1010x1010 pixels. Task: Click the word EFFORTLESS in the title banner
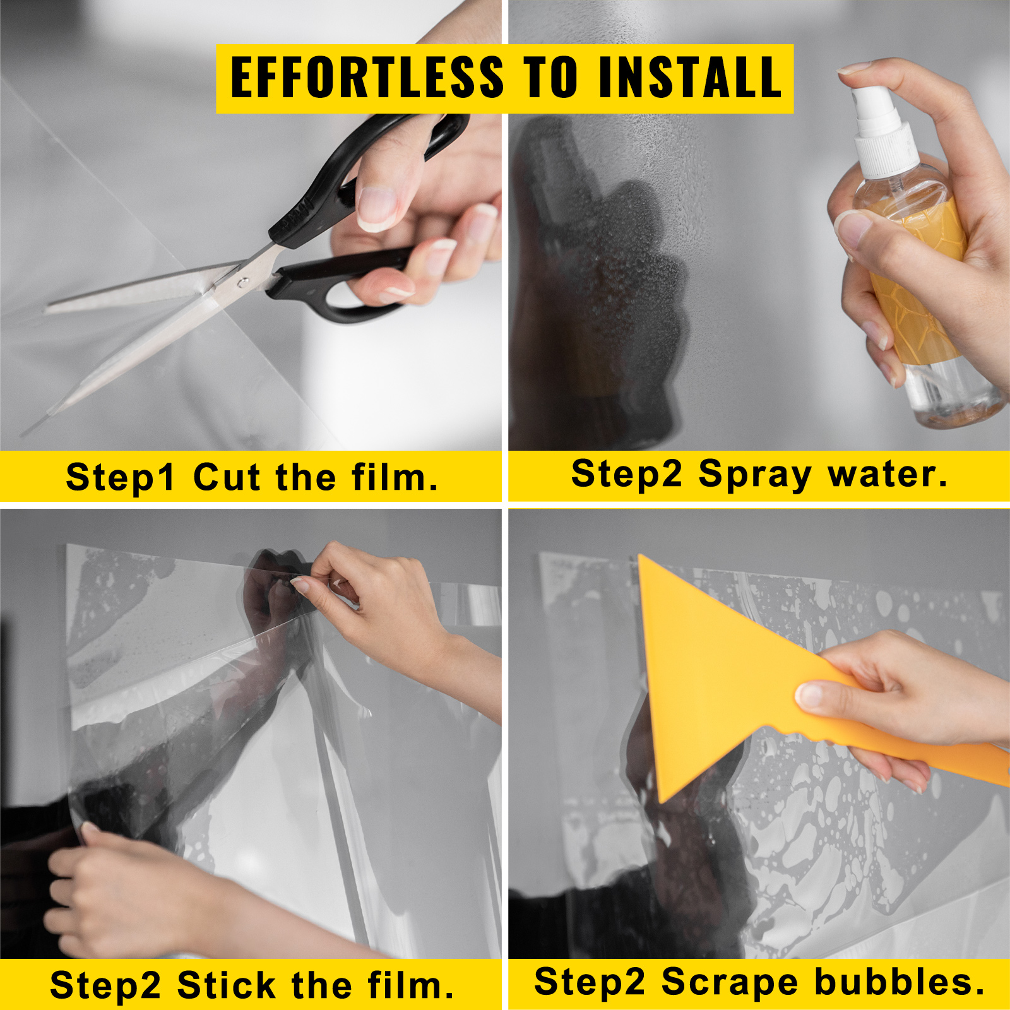[367, 78]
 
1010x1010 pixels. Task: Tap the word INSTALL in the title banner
[690, 78]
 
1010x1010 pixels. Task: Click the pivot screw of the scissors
[242, 282]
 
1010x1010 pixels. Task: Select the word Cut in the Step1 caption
[226, 477]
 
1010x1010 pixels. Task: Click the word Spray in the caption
[755, 474]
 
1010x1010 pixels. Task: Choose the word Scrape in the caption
[729, 982]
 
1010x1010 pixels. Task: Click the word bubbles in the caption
[899, 982]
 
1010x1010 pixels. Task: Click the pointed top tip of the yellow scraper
[643, 559]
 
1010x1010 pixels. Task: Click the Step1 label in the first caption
[120, 477]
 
